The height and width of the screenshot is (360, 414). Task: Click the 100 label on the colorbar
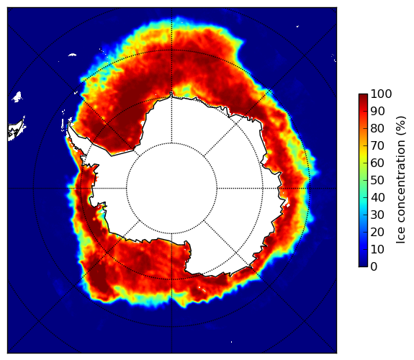(381, 94)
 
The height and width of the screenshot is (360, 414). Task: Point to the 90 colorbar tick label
(377, 111)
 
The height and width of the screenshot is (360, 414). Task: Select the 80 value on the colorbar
(377, 128)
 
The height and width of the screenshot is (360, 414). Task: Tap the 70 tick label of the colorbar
(377, 145)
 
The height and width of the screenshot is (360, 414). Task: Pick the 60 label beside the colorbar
(377, 163)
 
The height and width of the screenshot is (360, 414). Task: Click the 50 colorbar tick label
(377, 180)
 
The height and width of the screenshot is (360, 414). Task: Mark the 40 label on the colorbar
(377, 197)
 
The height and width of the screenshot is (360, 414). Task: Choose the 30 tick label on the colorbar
(377, 215)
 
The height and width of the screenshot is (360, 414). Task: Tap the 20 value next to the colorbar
(377, 232)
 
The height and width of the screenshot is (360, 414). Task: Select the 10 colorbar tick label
(377, 249)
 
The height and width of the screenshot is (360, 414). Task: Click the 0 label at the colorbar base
(374, 267)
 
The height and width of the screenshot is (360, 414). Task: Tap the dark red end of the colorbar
(363, 96)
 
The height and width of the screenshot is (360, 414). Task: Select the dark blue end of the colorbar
(363, 265)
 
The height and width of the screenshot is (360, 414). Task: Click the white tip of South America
(16, 131)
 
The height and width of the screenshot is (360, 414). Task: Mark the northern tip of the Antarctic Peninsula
(69, 124)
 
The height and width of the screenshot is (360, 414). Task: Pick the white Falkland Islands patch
(17, 96)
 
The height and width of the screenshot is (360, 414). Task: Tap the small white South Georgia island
(72, 55)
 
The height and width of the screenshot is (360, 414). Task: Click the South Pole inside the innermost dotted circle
(171, 189)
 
